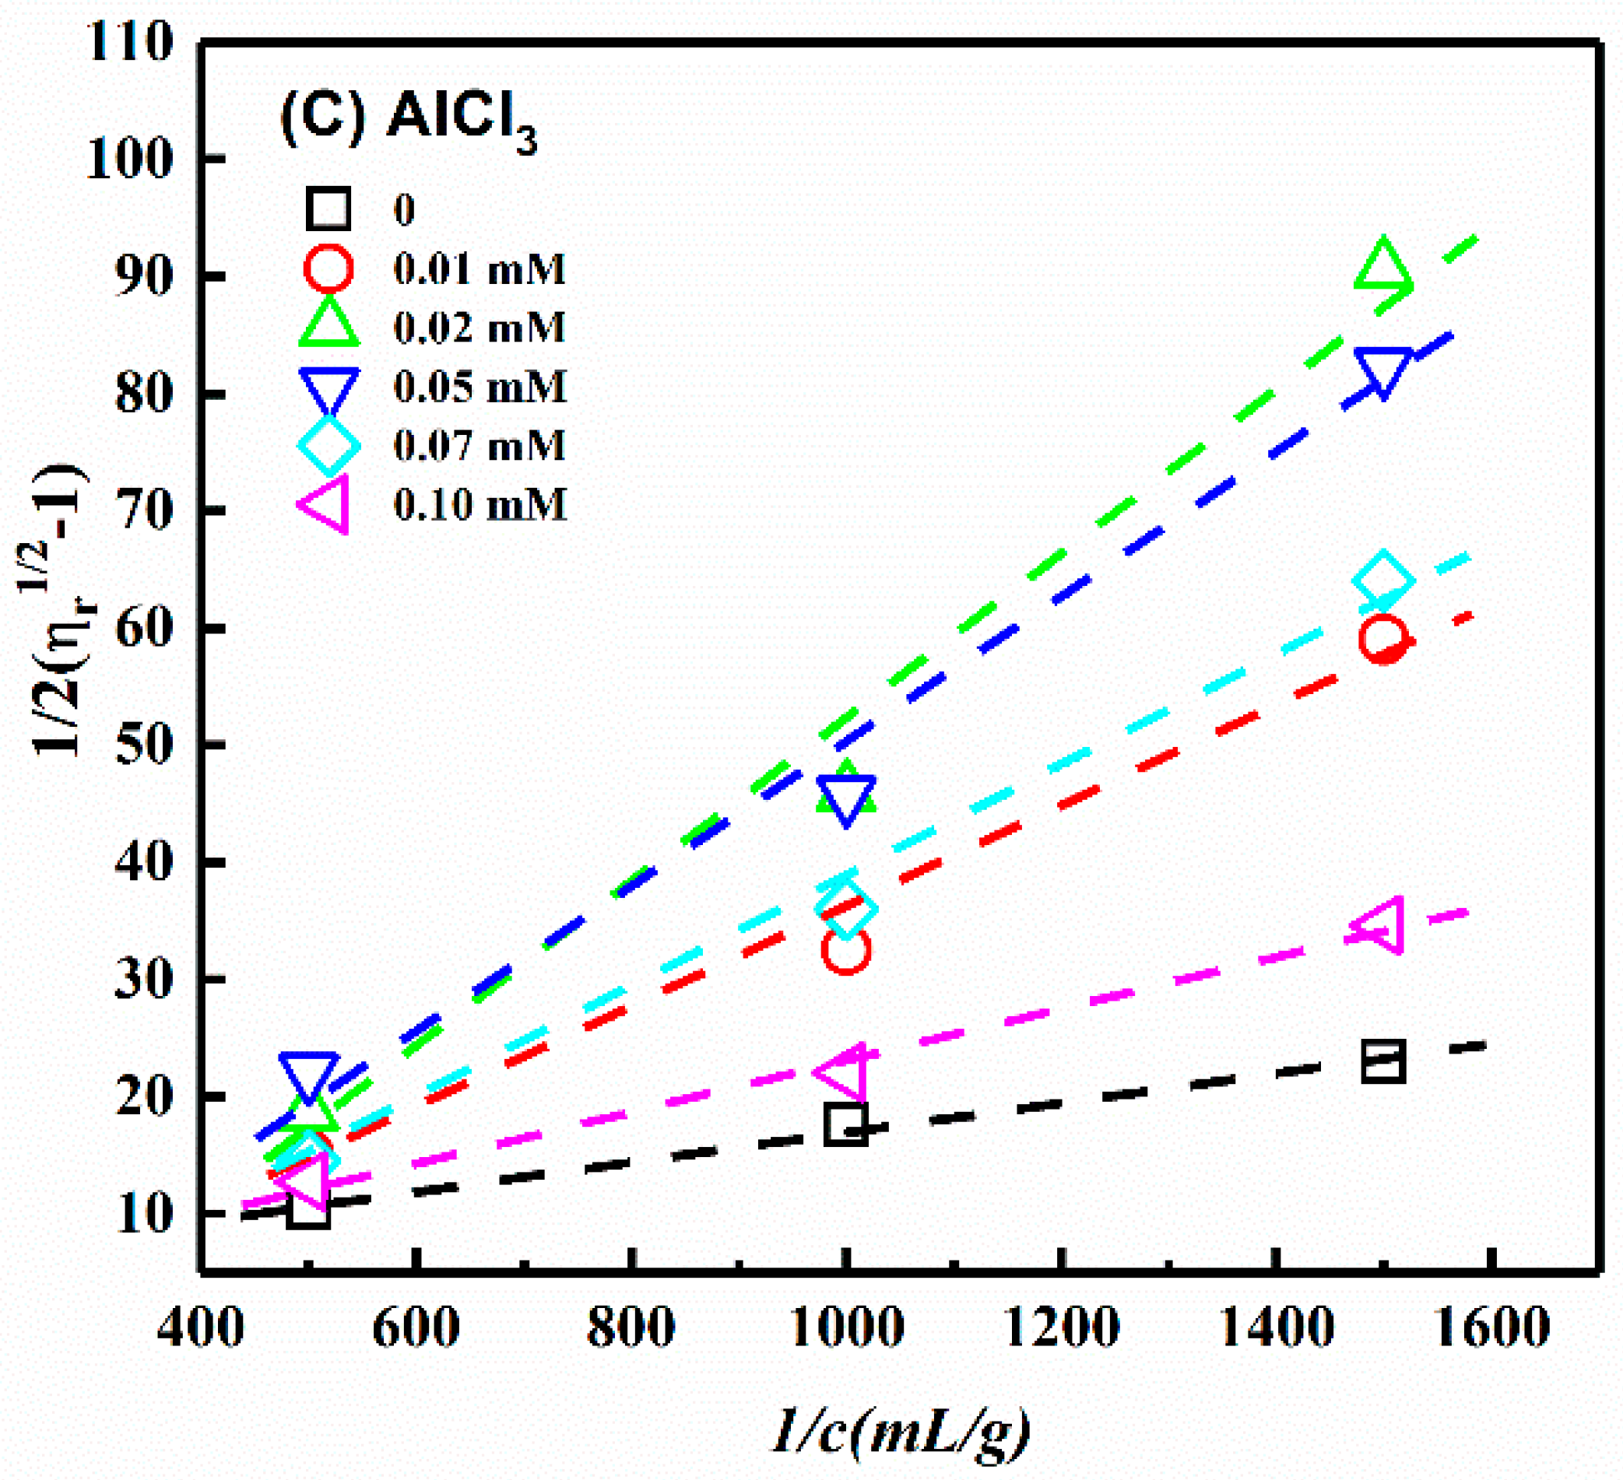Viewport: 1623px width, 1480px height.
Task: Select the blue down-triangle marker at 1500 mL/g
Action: [1383, 370]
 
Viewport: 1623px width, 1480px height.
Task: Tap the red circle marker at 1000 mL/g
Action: [846, 949]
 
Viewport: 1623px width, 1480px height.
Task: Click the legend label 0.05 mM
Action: [480, 387]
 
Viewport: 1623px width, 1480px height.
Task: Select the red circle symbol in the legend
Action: [328, 268]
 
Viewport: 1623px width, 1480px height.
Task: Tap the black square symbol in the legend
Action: [328, 209]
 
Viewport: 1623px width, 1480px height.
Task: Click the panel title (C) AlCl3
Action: [409, 119]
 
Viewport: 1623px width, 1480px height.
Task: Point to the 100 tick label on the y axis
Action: [128, 160]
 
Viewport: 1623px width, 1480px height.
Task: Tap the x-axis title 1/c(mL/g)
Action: [901, 1431]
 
